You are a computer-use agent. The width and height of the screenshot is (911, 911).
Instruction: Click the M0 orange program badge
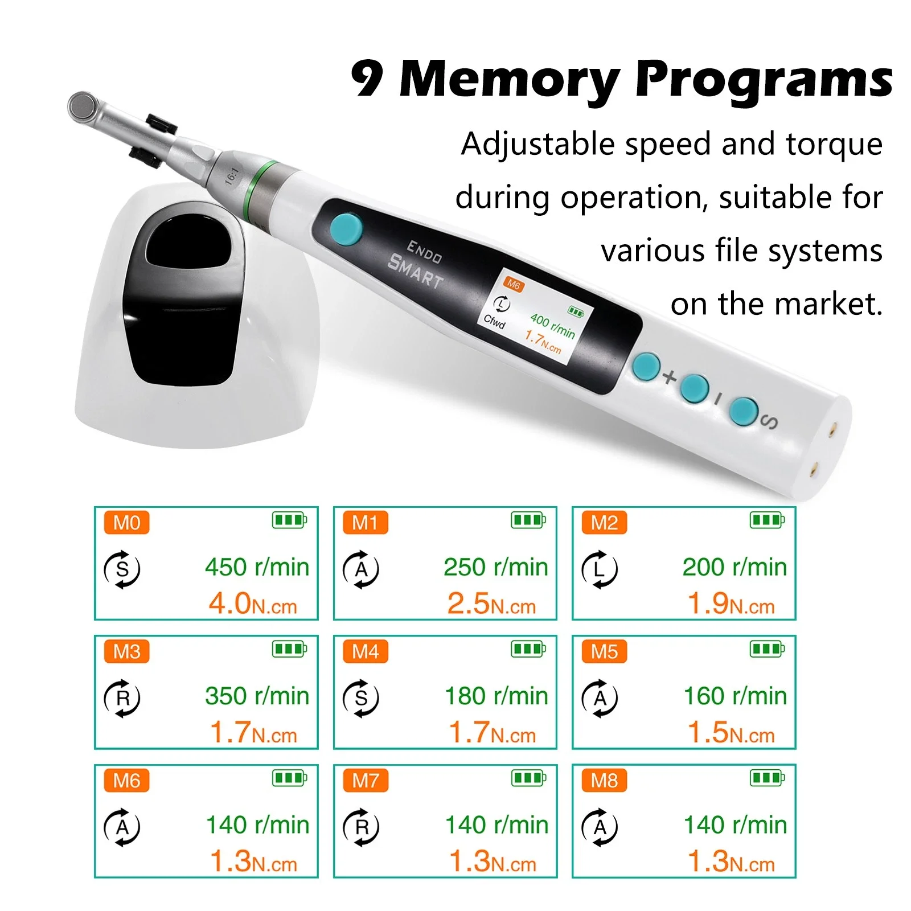coord(126,522)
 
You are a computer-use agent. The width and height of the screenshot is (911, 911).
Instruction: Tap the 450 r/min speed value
coord(257,567)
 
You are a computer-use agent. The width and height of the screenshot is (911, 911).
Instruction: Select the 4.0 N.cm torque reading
coord(253,604)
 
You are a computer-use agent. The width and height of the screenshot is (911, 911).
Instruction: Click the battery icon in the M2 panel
coord(768,520)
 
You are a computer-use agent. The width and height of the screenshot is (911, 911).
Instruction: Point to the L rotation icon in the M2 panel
coord(600,569)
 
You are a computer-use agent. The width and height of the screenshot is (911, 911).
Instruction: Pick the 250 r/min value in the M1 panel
coord(496,567)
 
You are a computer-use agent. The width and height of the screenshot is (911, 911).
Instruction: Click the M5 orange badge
coord(604,651)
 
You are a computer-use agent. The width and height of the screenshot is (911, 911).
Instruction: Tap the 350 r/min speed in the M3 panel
coord(257,696)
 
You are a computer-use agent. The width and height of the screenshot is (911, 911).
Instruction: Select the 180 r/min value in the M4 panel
coord(496,696)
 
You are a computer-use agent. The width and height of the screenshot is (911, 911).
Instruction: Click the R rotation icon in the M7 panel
coord(361,827)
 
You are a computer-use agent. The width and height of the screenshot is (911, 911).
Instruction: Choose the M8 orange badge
coord(604,780)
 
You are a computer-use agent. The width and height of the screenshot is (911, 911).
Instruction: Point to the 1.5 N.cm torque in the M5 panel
coord(731,732)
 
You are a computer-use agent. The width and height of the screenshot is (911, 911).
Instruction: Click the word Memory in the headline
coord(510,80)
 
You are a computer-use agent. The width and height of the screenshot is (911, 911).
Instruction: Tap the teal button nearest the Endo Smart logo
coord(346,229)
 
